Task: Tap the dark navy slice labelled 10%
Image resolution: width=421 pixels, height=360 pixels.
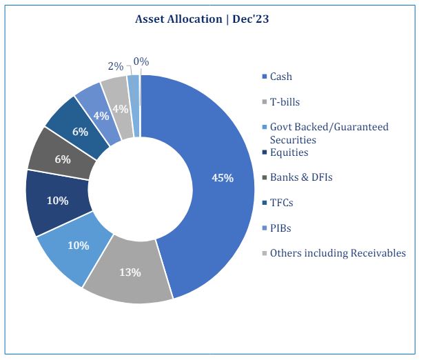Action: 58,201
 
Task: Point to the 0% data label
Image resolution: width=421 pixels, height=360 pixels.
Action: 141,62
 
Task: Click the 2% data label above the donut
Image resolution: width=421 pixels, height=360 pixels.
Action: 116,66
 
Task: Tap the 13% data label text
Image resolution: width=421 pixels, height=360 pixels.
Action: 130,272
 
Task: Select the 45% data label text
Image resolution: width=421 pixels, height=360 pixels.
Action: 223,178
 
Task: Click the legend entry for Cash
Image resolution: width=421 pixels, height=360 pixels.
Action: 277,77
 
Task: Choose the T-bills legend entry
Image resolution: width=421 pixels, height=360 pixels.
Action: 281,102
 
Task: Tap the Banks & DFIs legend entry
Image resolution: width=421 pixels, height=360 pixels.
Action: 297,177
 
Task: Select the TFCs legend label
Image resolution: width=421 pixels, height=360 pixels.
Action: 278,203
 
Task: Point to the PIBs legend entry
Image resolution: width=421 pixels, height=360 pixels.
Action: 276,228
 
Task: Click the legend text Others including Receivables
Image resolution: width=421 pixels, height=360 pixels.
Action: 338,253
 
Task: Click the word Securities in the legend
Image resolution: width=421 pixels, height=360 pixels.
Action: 293,140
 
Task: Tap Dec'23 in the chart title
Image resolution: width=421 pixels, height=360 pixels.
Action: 251,19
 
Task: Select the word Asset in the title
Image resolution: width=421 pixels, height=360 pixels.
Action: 148,19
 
